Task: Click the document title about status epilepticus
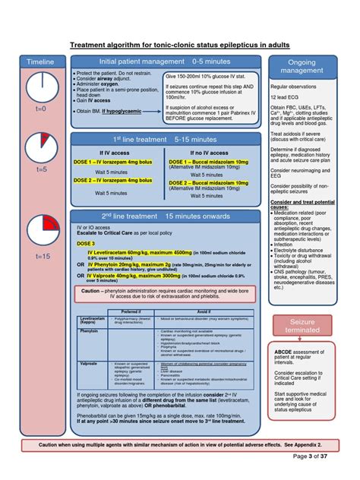[x=179, y=45]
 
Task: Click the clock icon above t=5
[x=39, y=146]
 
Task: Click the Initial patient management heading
[x=164, y=60]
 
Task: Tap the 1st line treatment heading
[x=165, y=141]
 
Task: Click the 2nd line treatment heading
[x=165, y=216]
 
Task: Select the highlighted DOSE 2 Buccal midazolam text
[x=208, y=183]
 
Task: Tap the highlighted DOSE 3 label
[x=85, y=243]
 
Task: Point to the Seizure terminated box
[x=302, y=327]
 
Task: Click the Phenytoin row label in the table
[x=88, y=331]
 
